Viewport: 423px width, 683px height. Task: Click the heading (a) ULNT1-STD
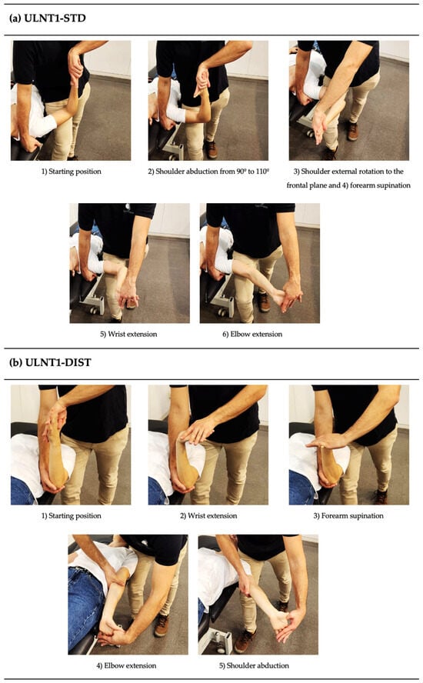pyautogui.click(x=48, y=18)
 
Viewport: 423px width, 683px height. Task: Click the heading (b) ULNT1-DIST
pyautogui.click(x=50, y=362)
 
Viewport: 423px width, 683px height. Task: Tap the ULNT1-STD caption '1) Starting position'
pyautogui.click(x=71, y=172)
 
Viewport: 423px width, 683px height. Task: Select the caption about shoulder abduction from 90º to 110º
pyautogui.click(x=208, y=172)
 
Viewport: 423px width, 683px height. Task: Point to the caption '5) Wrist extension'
pyautogui.click(x=128, y=335)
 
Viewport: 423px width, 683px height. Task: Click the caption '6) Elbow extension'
pyautogui.click(x=252, y=335)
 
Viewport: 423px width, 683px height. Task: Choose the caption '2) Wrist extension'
pyautogui.click(x=208, y=516)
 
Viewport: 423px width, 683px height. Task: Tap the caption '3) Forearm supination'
pyautogui.click(x=348, y=516)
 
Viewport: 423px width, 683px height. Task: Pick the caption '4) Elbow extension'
pyautogui.click(x=126, y=665)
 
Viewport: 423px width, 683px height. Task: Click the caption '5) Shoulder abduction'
pyautogui.click(x=254, y=665)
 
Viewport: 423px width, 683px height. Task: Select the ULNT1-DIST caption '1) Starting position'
pyautogui.click(x=71, y=516)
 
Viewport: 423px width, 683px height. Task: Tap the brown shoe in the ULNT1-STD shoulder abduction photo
pyautogui.click(x=211, y=149)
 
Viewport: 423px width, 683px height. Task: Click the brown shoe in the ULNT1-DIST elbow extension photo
pyautogui.click(x=162, y=625)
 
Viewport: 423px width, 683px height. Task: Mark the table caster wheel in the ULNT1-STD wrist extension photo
pyautogui.click(x=93, y=310)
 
